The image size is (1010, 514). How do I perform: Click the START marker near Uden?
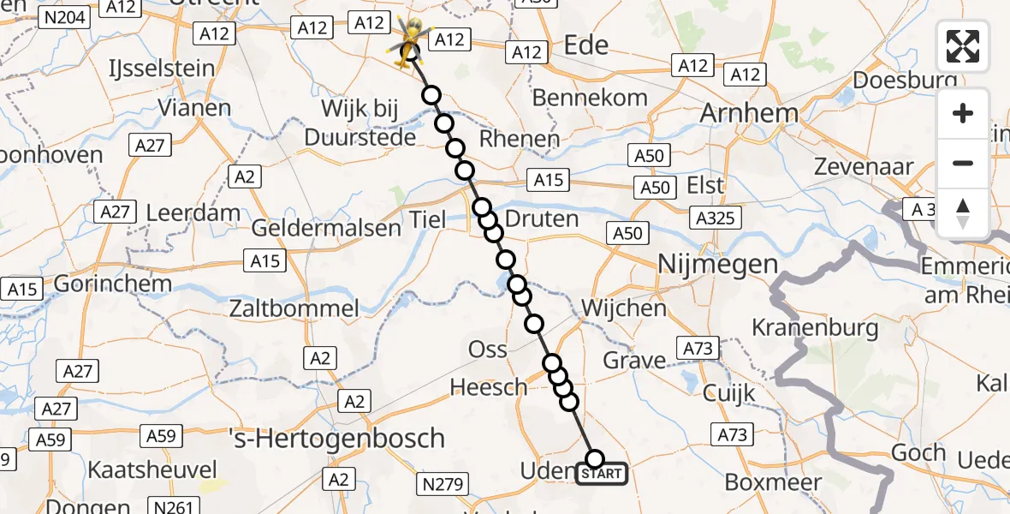tap(603, 473)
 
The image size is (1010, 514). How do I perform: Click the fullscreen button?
tap(963, 46)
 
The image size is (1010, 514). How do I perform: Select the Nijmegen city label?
tap(717, 265)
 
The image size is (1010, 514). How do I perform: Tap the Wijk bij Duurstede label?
tap(368, 122)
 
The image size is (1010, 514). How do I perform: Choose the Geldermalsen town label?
tap(326, 227)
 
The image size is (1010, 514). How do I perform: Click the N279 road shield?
tap(443, 486)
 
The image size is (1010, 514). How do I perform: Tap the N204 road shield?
tap(66, 16)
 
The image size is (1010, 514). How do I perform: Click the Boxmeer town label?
tap(768, 481)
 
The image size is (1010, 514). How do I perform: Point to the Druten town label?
tap(542, 219)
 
